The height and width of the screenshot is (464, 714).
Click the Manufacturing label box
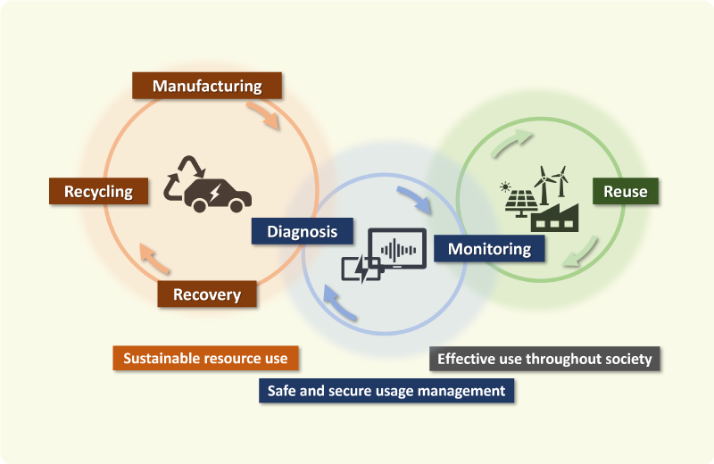(x=207, y=86)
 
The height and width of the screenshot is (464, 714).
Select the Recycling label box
(x=98, y=191)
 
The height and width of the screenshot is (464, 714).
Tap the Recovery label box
(x=207, y=294)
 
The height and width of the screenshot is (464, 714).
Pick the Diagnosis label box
(x=303, y=231)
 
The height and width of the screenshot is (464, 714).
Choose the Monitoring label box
(x=489, y=248)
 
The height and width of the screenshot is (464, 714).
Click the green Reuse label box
(x=625, y=192)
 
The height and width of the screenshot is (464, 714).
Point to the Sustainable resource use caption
(x=205, y=358)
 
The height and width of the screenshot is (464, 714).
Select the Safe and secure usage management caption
(x=386, y=391)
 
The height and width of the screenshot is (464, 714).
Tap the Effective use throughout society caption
(x=544, y=360)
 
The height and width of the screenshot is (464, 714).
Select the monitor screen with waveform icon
(x=398, y=249)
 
